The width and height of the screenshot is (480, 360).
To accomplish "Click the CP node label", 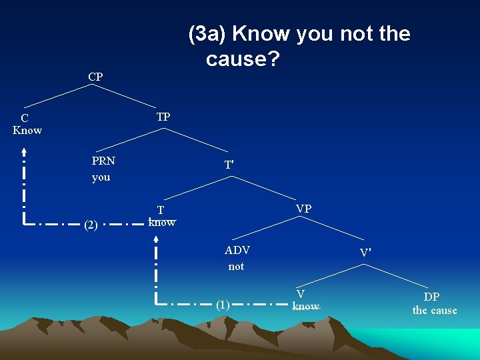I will point(95,77).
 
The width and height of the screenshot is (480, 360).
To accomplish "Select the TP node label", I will point(163,117).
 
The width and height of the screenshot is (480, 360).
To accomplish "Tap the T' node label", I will point(229,165).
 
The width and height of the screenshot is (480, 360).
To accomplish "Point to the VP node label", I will point(303,209).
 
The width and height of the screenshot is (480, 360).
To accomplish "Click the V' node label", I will point(365,253).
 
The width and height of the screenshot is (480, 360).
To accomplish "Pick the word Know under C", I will point(27,130).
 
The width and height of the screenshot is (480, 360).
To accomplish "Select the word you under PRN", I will point(101,177).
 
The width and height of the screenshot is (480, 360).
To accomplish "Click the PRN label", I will point(103,161).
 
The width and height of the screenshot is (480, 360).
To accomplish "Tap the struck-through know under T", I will point(162,223).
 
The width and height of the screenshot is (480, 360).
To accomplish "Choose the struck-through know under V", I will point(306,307).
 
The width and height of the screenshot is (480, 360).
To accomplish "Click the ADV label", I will point(237,251).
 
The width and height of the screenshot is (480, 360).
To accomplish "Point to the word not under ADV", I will point(236,267).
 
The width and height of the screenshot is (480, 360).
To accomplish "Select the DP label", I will point(431,297).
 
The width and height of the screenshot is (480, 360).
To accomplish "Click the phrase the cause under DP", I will point(435,310).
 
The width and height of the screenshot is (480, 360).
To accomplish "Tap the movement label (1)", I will point(223,305).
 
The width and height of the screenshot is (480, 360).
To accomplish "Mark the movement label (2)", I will point(91,225).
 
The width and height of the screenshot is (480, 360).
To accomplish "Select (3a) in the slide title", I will point(208,33).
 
